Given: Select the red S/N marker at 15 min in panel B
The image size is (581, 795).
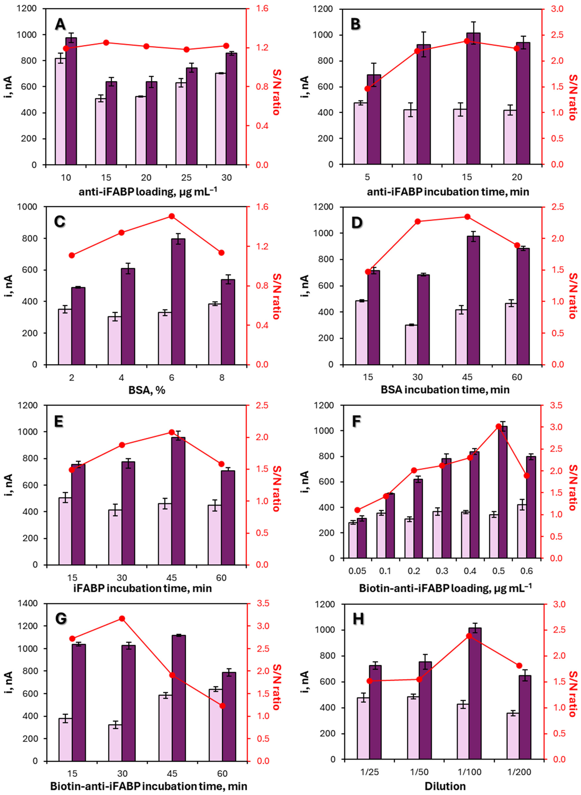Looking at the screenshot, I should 467,41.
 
